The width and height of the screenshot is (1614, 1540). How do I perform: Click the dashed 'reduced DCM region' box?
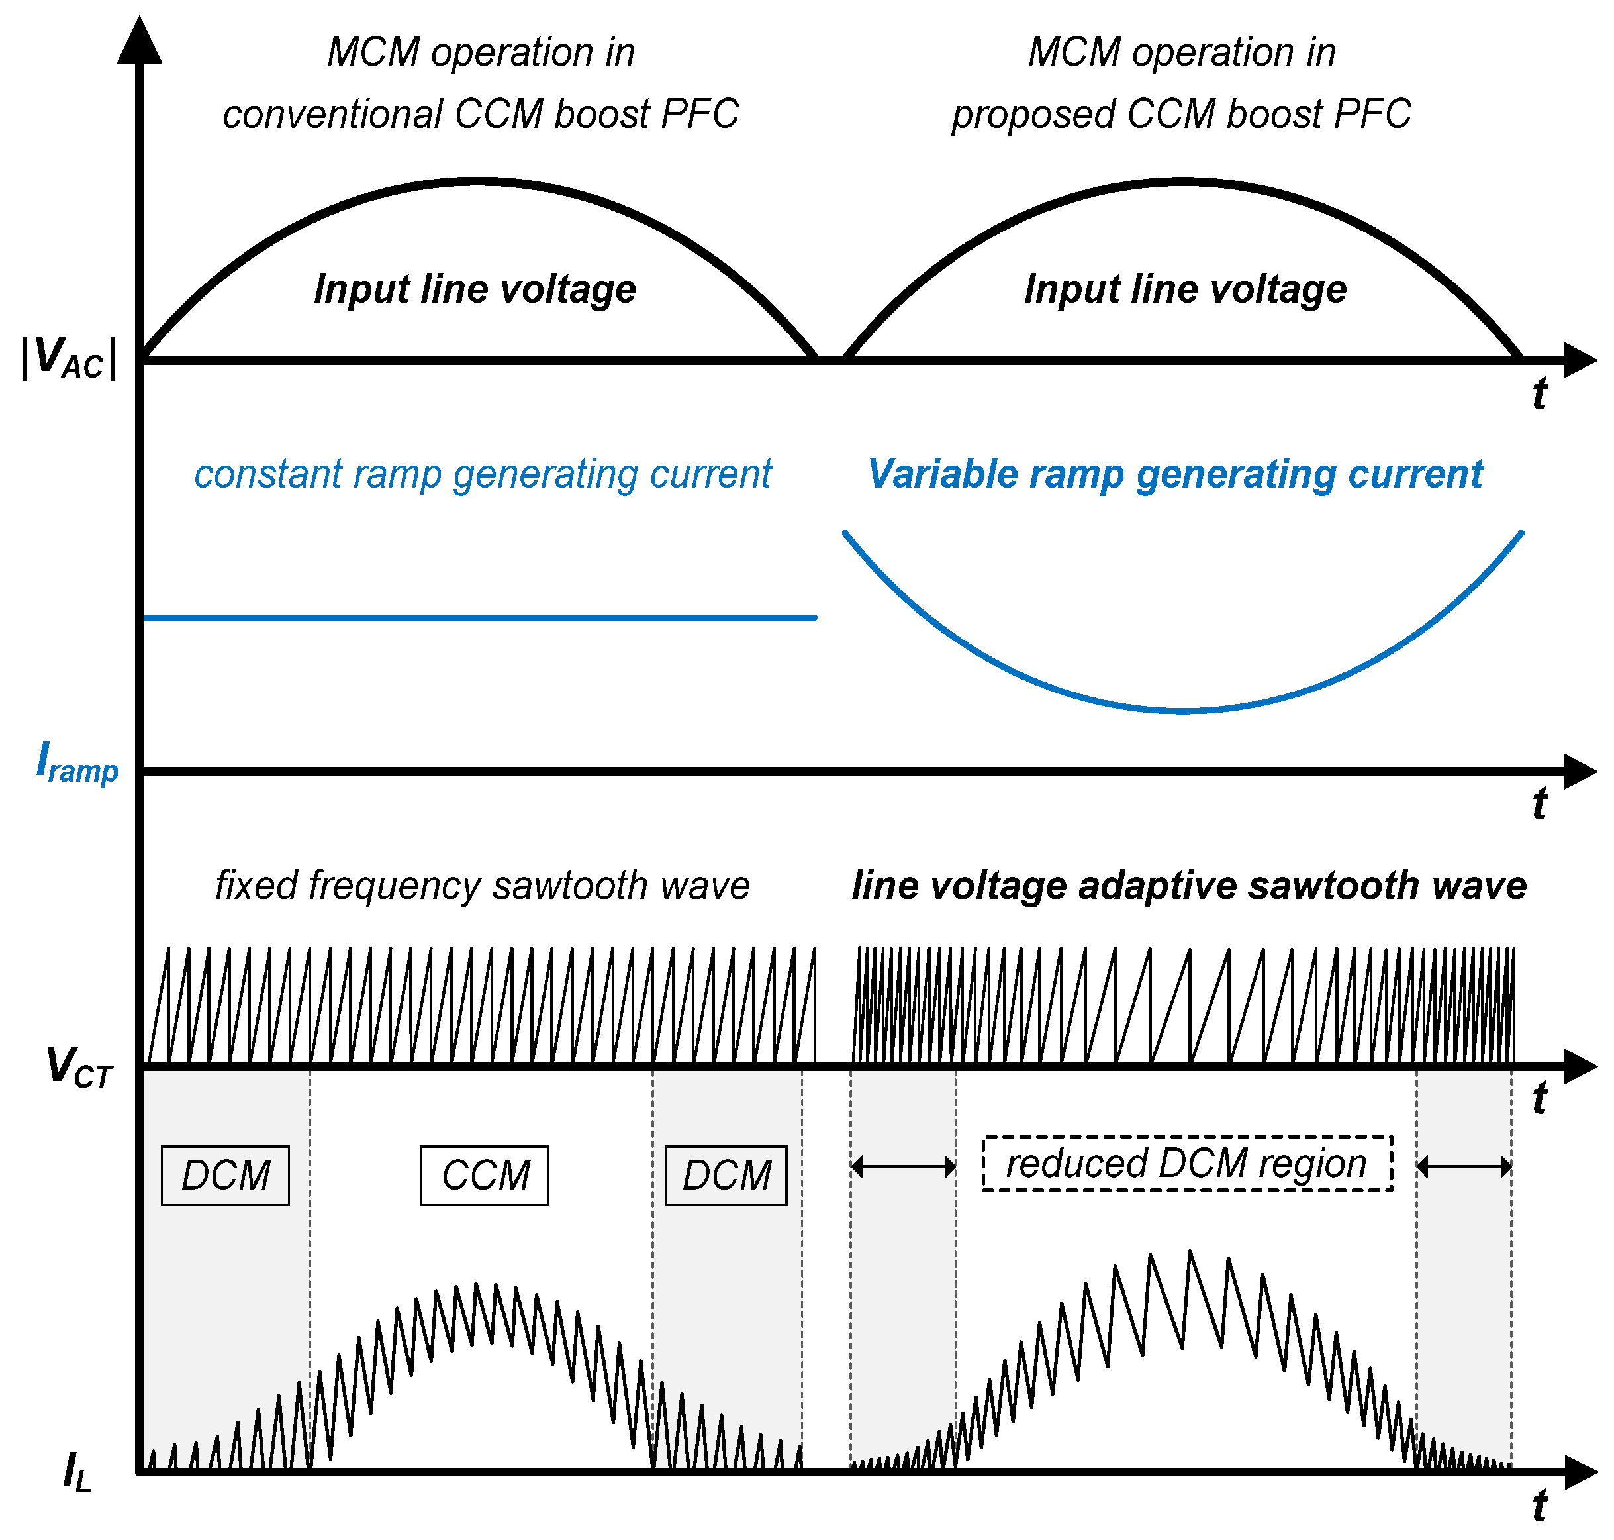pyautogui.click(x=1186, y=1163)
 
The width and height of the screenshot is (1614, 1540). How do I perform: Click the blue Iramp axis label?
pyautogui.click(x=77, y=762)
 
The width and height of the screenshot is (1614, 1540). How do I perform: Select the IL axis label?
pyautogui.click(x=77, y=1471)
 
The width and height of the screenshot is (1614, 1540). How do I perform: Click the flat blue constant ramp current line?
pyautogui.click(x=480, y=617)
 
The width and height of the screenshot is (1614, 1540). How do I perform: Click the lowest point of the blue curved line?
pyautogui.click(x=1182, y=710)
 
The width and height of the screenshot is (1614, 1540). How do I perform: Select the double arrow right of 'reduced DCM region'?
pyautogui.click(x=1464, y=1166)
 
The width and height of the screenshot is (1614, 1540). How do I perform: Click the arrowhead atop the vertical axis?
pyautogui.click(x=140, y=41)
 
